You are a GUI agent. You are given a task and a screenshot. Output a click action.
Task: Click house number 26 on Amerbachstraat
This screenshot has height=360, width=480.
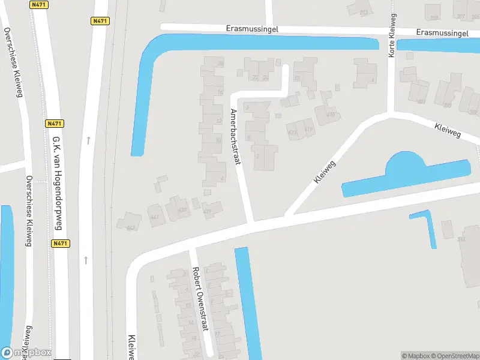coord(221,64)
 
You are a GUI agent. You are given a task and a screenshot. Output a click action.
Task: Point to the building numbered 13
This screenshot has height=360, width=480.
coord(297,78)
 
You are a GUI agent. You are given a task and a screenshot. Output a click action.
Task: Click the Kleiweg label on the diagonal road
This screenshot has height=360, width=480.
coord(323,171)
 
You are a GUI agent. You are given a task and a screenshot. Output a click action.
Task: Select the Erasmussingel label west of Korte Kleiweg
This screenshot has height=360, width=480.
coord(252,28)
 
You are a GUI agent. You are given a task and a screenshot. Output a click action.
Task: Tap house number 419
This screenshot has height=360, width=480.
coord(310,129)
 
